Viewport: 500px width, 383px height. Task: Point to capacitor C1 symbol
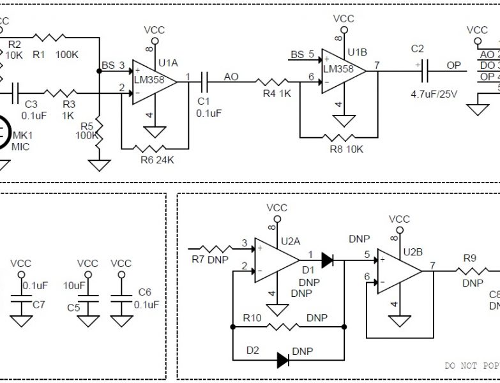click(204, 81)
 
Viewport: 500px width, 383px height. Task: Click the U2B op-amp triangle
click(397, 272)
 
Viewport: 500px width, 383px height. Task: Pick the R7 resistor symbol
click(213, 248)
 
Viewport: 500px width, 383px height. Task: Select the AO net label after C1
click(231, 76)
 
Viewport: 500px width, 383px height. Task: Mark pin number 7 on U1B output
click(377, 64)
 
